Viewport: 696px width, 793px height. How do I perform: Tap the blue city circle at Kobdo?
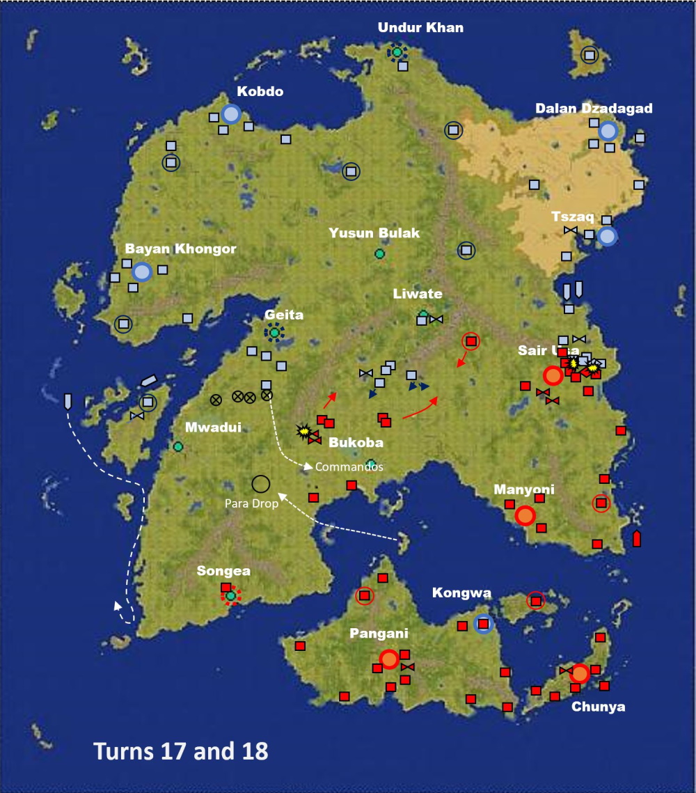coord(231,114)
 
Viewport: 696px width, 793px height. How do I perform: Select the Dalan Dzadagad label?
coord(594,109)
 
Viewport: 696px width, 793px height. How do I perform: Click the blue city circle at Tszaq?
coord(607,237)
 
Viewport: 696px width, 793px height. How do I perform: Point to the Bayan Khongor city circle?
coord(142,272)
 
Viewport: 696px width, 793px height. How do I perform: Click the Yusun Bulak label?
coord(374,233)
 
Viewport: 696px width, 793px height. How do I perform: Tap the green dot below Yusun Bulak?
coord(379,254)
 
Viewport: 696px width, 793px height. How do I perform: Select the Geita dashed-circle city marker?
coord(274,333)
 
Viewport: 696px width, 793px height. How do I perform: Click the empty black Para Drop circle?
coord(260,484)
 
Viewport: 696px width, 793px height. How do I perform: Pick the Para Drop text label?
coord(251,503)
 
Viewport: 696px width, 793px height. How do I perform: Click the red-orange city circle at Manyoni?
coord(525,516)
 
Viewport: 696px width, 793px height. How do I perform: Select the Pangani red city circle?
coord(389,659)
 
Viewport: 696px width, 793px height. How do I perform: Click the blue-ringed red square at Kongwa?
coord(483,624)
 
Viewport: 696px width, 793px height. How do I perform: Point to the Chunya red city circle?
coord(579,673)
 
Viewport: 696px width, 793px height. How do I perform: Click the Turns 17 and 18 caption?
coord(181,751)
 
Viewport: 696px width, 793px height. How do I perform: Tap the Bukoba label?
coord(356,442)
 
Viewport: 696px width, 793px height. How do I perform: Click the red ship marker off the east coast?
coord(636,538)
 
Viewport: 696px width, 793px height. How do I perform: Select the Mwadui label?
coord(213,427)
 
